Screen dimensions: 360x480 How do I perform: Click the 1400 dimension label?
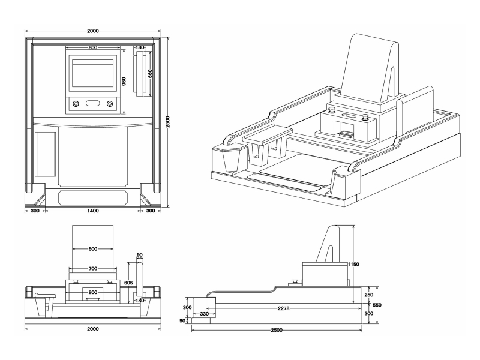[x=92, y=211]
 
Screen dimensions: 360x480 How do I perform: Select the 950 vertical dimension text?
[x=124, y=82]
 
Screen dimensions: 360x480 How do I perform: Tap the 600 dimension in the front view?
[x=92, y=248]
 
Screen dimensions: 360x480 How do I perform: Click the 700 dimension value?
[x=92, y=269]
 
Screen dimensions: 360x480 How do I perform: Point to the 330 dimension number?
[x=204, y=314]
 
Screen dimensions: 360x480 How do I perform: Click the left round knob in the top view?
[x=76, y=104]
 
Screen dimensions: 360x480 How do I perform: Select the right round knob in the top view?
[x=110, y=104]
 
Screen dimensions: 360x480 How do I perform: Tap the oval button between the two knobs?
[x=92, y=104]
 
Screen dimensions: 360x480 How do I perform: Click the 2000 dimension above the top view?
[x=92, y=31]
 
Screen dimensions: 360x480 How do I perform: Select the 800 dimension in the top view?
[x=92, y=47]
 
